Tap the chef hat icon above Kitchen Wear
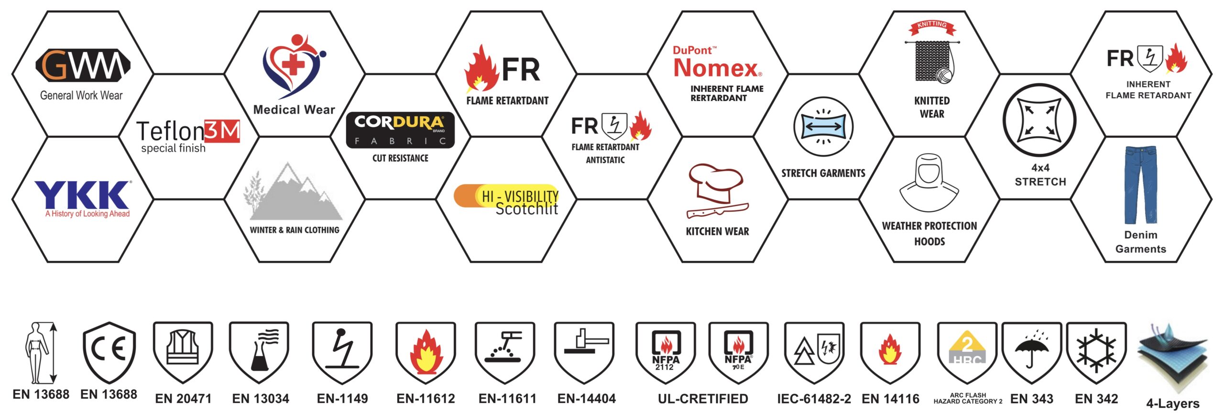[x=716, y=184]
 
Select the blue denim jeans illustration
[x=1141, y=186]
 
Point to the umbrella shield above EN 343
[x=1032, y=353]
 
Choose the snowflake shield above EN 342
[x=1096, y=353]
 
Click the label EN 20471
[x=183, y=398]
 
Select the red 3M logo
[x=222, y=131]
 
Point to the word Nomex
[x=716, y=68]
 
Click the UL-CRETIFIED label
[x=703, y=398]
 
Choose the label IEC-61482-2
[x=814, y=398]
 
